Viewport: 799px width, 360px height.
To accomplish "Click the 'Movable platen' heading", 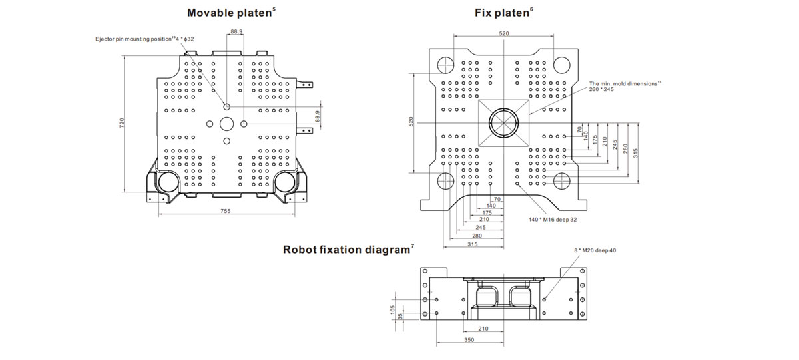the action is pyautogui.click(x=229, y=13).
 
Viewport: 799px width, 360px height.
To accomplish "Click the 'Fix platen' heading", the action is pyautogui.click(x=501, y=13).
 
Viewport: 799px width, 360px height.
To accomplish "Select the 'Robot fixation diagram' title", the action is pyautogui.click(x=346, y=250).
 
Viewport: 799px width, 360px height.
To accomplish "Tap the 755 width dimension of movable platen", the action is pyautogui.click(x=226, y=211).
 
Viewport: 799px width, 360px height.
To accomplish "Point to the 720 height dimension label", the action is pyautogui.click(x=122, y=123).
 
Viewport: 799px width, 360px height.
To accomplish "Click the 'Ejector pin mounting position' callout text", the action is pyautogui.click(x=133, y=39).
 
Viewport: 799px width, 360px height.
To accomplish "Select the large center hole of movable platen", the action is pyautogui.click(x=226, y=124).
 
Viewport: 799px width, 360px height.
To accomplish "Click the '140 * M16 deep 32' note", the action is pyautogui.click(x=553, y=220).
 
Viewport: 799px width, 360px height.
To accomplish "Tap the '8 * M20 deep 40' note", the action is pyautogui.click(x=595, y=250).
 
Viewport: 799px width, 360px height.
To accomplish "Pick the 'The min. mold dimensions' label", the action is pyautogui.click(x=623, y=83).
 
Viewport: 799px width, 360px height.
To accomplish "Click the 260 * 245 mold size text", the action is pyautogui.click(x=601, y=89).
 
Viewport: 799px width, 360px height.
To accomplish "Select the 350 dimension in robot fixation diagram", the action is pyautogui.click(x=469, y=339).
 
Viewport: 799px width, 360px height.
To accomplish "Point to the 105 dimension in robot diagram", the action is pyautogui.click(x=393, y=309).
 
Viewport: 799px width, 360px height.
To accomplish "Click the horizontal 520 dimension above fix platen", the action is pyautogui.click(x=503, y=33).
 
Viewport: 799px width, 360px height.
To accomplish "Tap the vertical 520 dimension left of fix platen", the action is pyautogui.click(x=411, y=122).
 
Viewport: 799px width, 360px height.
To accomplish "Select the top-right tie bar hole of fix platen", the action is pyautogui.click(x=561, y=65).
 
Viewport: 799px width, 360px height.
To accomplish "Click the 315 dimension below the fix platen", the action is pyautogui.click(x=472, y=244).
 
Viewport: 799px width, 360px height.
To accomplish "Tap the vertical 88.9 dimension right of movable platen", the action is pyautogui.click(x=318, y=116).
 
